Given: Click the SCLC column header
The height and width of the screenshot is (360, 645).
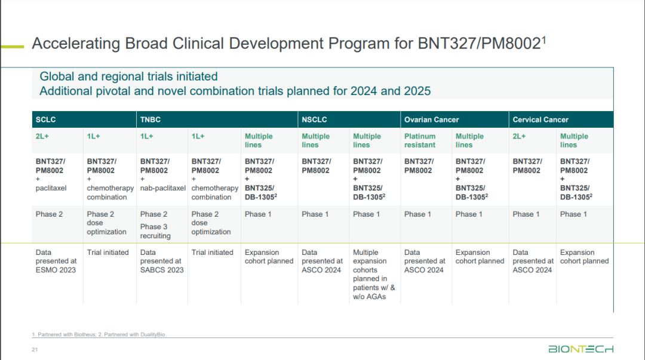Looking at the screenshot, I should click(x=45, y=119).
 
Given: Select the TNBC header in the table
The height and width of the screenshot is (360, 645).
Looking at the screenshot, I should click(x=150, y=119).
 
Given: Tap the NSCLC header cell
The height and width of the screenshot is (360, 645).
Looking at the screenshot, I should click(x=315, y=119).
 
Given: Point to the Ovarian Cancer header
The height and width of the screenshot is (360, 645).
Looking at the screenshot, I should click(x=431, y=119).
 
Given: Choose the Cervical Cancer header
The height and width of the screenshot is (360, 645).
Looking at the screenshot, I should click(x=540, y=119).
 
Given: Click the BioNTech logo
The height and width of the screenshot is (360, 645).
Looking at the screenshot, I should click(x=580, y=349).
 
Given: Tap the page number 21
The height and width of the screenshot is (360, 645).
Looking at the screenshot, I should click(x=35, y=349).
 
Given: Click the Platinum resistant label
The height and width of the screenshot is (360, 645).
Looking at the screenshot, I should click(x=420, y=140).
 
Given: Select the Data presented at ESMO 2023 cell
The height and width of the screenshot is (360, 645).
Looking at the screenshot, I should click(x=56, y=261).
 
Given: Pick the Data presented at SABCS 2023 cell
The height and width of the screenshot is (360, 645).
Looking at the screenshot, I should click(x=161, y=261).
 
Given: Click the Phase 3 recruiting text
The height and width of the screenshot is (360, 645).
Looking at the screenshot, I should click(x=155, y=231).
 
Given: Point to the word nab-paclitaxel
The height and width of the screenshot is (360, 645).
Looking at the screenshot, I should click(x=163, y=188).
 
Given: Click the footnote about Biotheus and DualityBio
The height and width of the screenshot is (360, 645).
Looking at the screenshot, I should click(x=99, y=334).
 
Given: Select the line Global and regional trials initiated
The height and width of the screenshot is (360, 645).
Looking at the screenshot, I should click(x=128, y=76).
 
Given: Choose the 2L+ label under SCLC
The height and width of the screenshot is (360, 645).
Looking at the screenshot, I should click(x=43, y=136).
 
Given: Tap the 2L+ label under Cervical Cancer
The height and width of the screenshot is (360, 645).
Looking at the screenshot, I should click(x=520, y=136).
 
